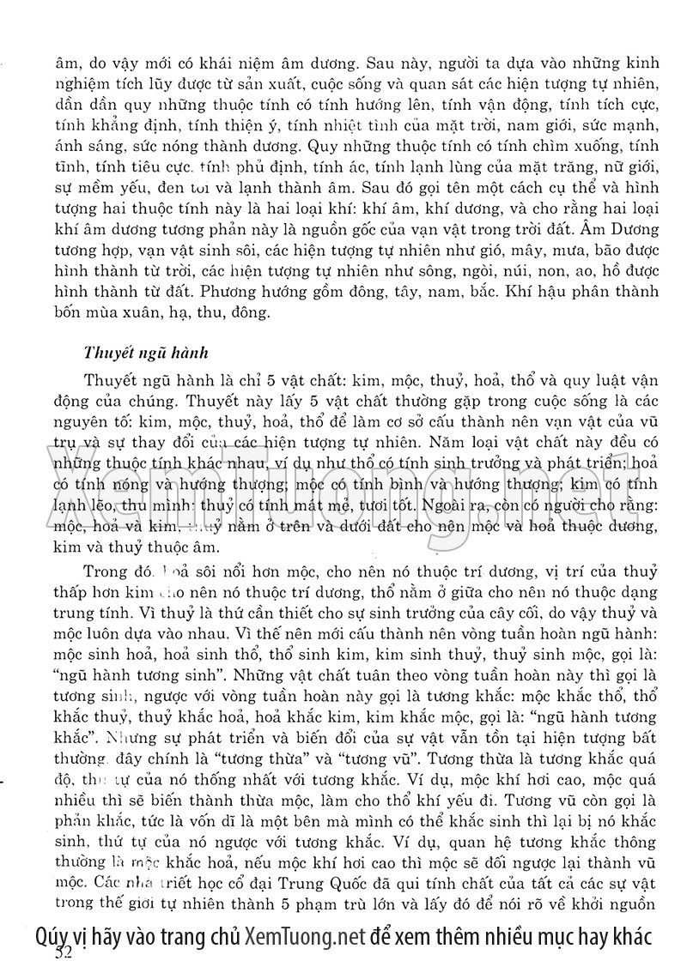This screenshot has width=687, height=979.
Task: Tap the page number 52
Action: [64, 952]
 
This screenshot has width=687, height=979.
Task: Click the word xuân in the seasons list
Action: [143, 311]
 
